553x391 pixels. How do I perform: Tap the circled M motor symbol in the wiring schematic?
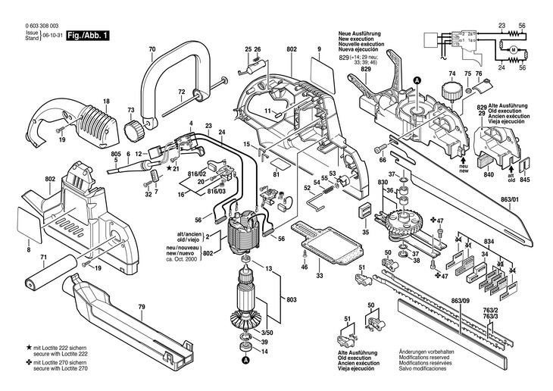(x=512, y=49)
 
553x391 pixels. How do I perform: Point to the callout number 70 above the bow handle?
(x=152, y=50)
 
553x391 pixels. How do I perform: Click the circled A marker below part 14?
(x=245, y=361)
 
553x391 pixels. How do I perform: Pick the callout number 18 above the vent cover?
(x=106, y=102)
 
